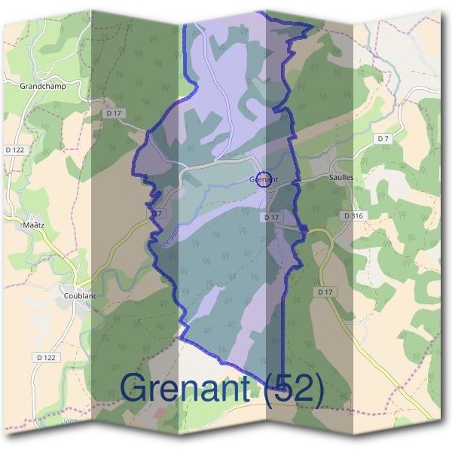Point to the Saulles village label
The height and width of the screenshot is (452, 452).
341,177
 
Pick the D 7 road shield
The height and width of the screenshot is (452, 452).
383,139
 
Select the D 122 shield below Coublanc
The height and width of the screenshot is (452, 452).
46,356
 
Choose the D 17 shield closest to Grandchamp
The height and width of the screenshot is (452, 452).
114,113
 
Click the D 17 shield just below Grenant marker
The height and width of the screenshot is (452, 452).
272,217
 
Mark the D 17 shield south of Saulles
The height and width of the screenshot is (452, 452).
325,292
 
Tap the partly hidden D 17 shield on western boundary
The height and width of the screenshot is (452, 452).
157,214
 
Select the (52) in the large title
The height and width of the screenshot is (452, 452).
295,388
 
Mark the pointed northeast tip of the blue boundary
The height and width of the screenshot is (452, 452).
312,26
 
